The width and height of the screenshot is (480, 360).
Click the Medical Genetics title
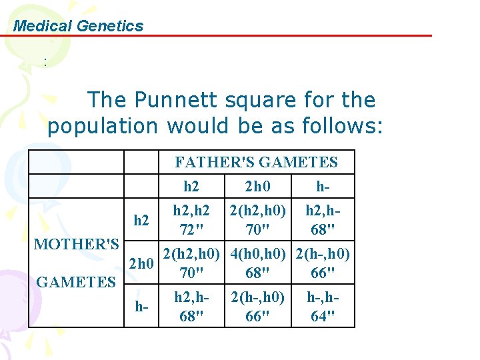(x=78, y=26)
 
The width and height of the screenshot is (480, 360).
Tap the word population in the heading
(x=103, y=125)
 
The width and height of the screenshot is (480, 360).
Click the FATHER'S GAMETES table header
(x=256, y=162)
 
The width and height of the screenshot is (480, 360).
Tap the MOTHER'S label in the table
(x=77, y=244)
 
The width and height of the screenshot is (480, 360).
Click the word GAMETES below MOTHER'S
(x=76, y=282)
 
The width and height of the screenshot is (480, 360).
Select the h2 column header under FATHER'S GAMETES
(x=191, y=186)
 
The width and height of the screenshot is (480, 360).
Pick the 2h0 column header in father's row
(x=256, y=186)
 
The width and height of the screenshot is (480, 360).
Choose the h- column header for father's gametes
(x=323, y=186)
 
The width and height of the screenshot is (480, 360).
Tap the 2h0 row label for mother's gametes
(x=141, y=264)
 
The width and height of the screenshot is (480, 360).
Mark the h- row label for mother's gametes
(x=141, y=307)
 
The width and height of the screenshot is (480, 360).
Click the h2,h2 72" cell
(x=191, y=221)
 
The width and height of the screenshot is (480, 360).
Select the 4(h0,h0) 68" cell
(x=257, y=264)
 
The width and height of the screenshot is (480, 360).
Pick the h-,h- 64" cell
(x=323, y=307)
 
